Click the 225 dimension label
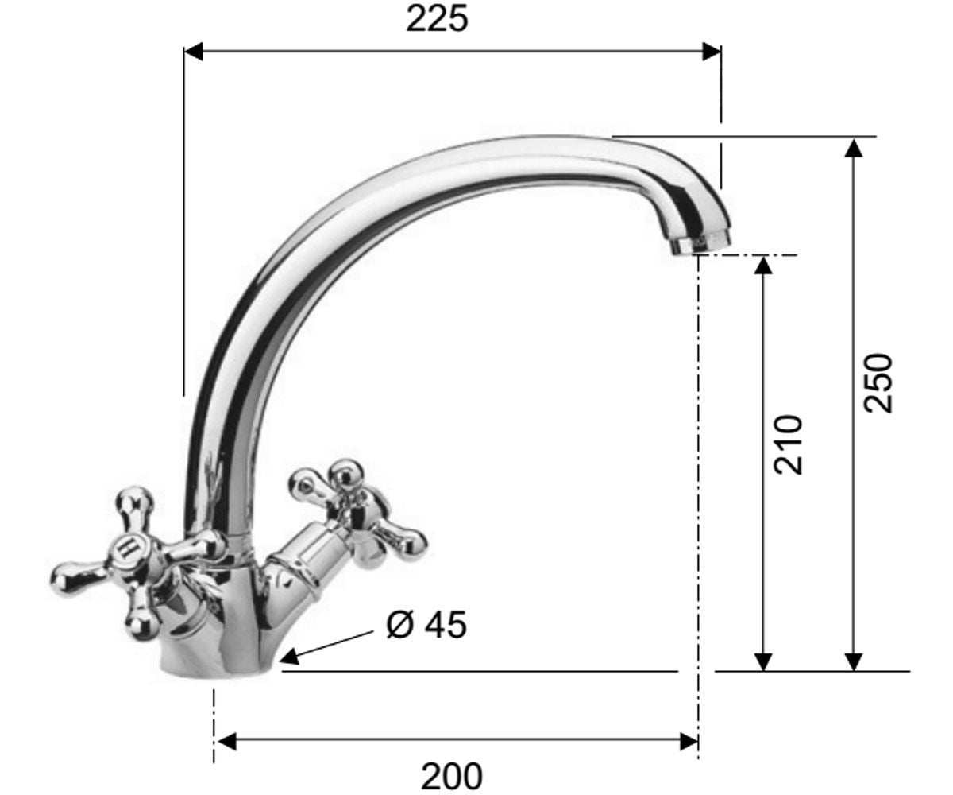point(437,20)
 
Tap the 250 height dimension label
point(878,383)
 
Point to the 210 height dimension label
point(789,444)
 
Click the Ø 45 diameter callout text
point(426,625)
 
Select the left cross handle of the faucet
point(137,563)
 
